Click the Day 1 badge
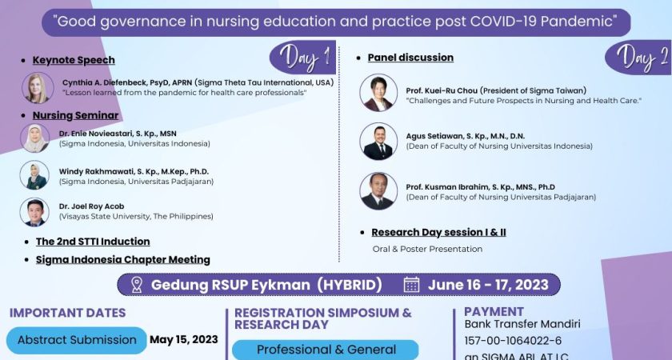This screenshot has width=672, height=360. [x=302, y=58]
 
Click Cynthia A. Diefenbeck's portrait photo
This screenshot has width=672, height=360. [x=38, y=88]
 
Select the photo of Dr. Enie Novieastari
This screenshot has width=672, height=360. [x=35, y=138]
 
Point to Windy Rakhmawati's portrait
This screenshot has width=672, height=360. [x=35, y=175]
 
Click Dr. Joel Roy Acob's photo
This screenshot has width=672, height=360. [x=35, y=212]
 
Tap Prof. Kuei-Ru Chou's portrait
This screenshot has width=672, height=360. [x=378, y=92]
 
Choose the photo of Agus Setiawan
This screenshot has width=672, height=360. [x=378, y=142]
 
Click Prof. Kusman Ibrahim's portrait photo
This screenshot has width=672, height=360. [x=378, y=191]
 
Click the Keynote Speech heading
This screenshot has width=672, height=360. [x=74, y=60]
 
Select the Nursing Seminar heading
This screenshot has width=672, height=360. [x=75, y=115]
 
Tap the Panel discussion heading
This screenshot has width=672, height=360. [x=410, y=58]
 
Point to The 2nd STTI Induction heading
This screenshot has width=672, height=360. [x=93, y=241]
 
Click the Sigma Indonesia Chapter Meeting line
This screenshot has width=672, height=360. [x=123, y=259]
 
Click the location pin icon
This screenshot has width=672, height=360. [x=136, y=285]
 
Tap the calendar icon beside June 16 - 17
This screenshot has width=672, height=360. [x=411, y=285]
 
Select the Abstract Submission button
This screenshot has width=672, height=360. [x=77, y=340]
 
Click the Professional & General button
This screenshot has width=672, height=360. [x=326, y=350]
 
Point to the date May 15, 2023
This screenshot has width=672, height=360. [x=184, y=339]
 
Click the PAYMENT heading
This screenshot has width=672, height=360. [x=494, y=311]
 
